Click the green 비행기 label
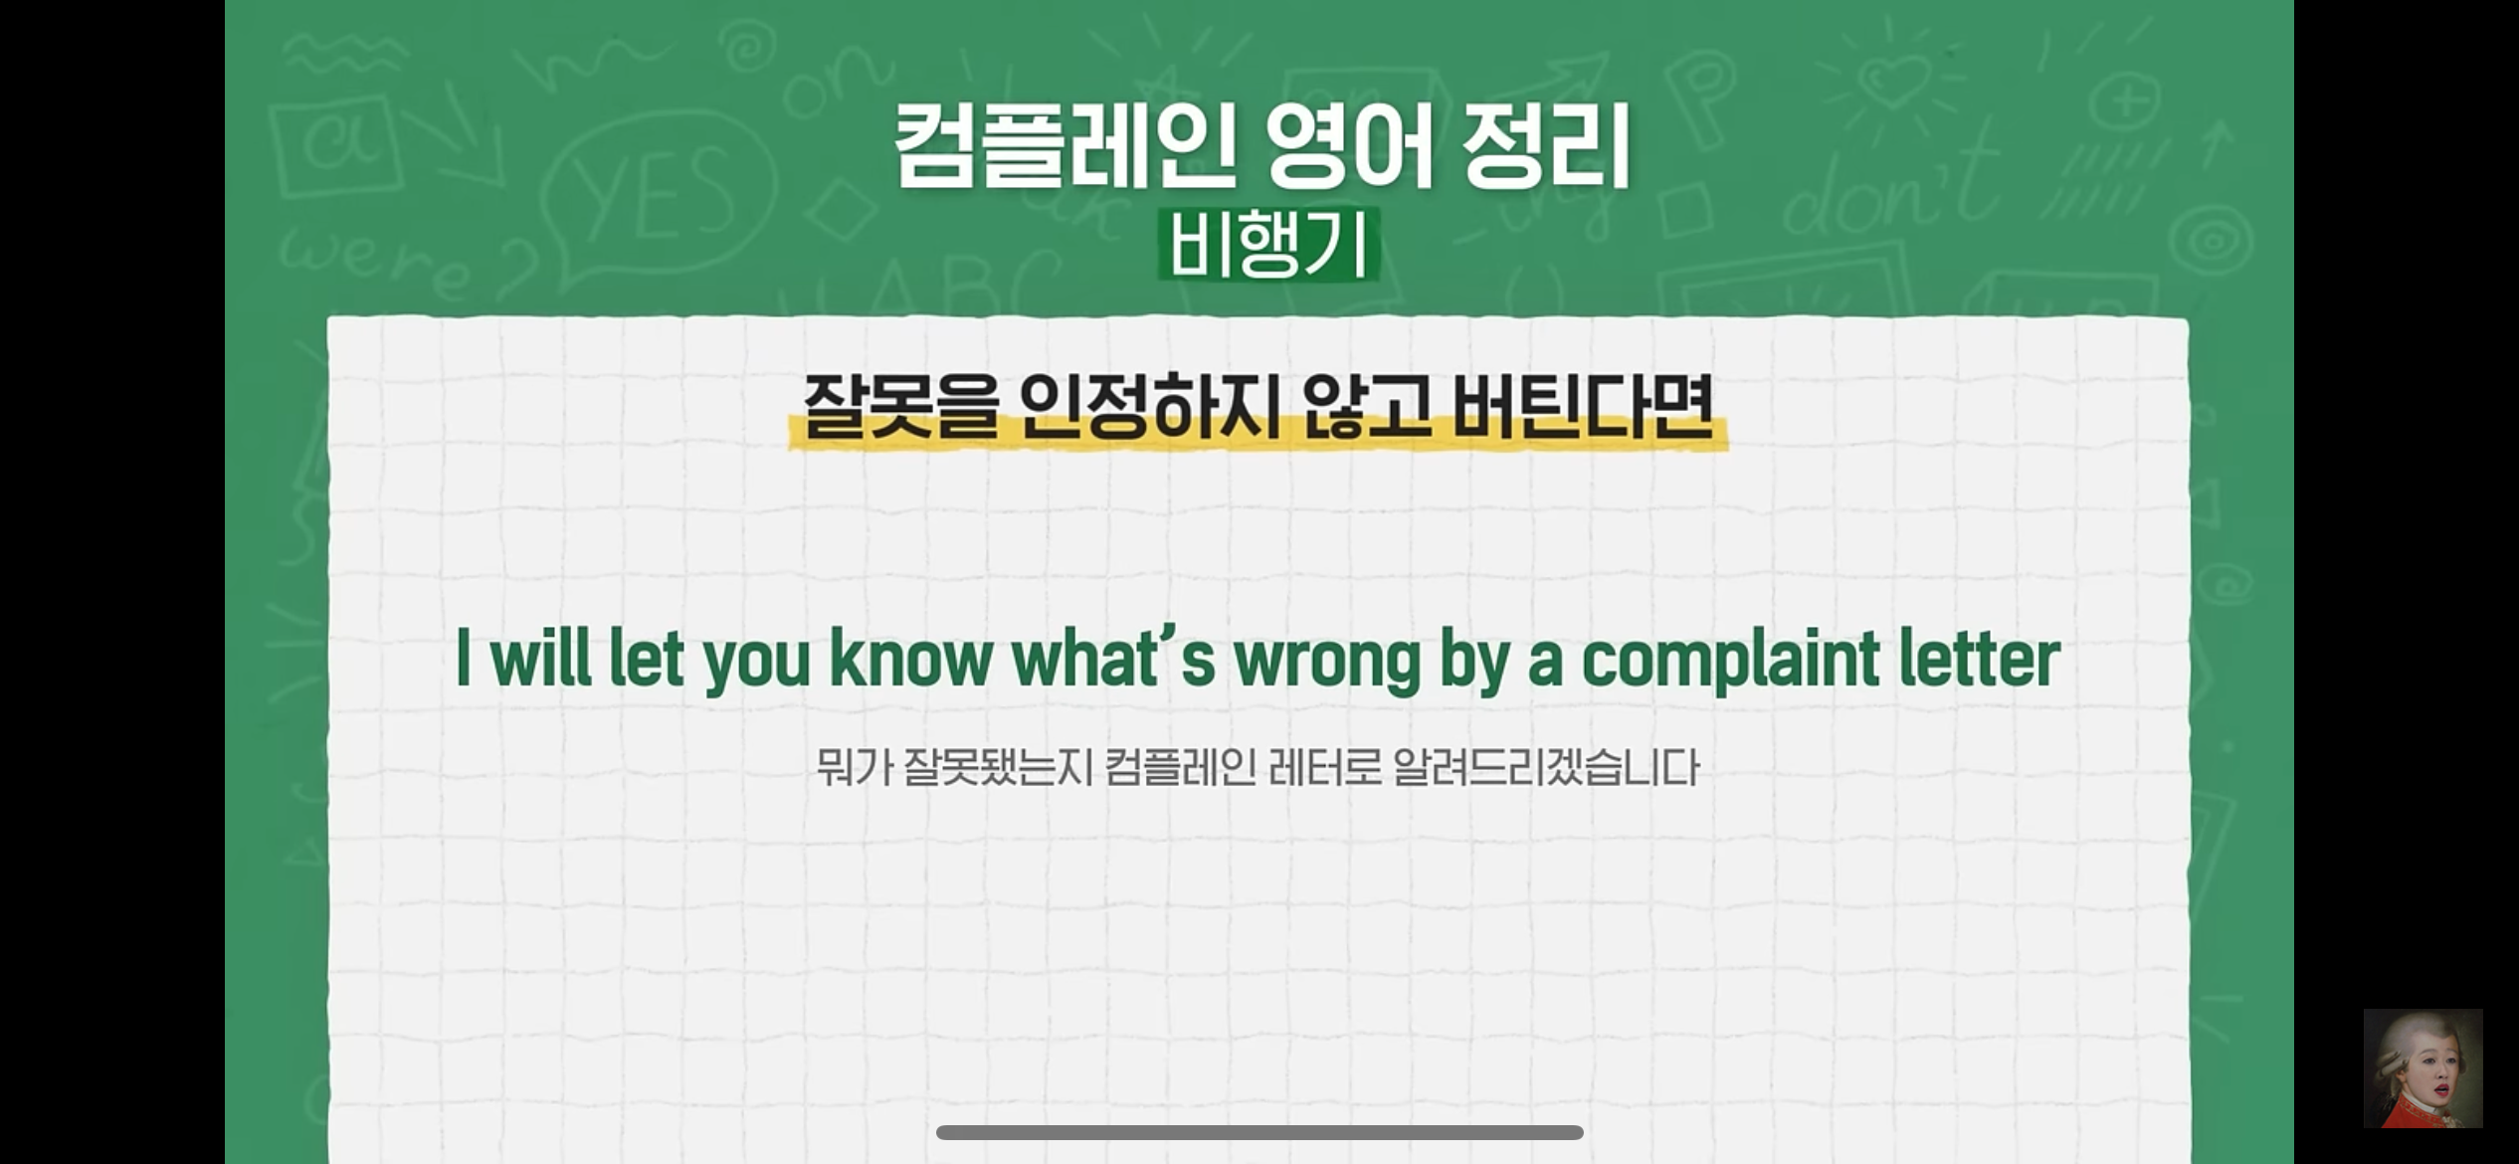point(1268,244)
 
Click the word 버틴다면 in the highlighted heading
point(1583,406)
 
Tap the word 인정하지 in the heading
point(1149,406)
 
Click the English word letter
point(1980,659)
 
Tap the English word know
point(911,659)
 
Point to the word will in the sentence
point(541,659)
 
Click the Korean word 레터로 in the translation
point(1325,767)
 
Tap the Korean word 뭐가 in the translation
point(855,767)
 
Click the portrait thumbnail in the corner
point(2423,1068)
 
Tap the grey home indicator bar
point(1259,1132)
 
